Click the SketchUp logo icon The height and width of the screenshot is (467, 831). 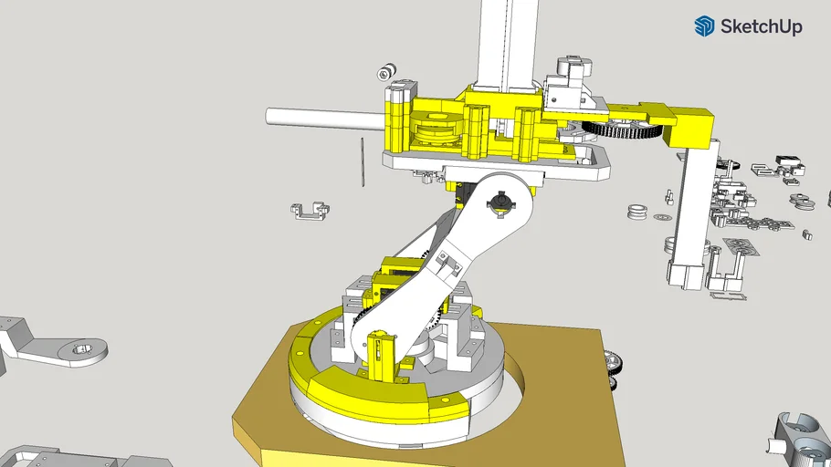(x=704, y=26)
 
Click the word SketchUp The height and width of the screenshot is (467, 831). (x=761, y=27)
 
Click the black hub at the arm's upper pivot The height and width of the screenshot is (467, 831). (x=500, y=203)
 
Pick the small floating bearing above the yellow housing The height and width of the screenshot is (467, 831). (x=387, y=71)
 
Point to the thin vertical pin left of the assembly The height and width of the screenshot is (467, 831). (x=363, y=162)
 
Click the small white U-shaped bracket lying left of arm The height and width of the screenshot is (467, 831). (x=308, y=212)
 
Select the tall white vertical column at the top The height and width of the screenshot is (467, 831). (x=505, y=41)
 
